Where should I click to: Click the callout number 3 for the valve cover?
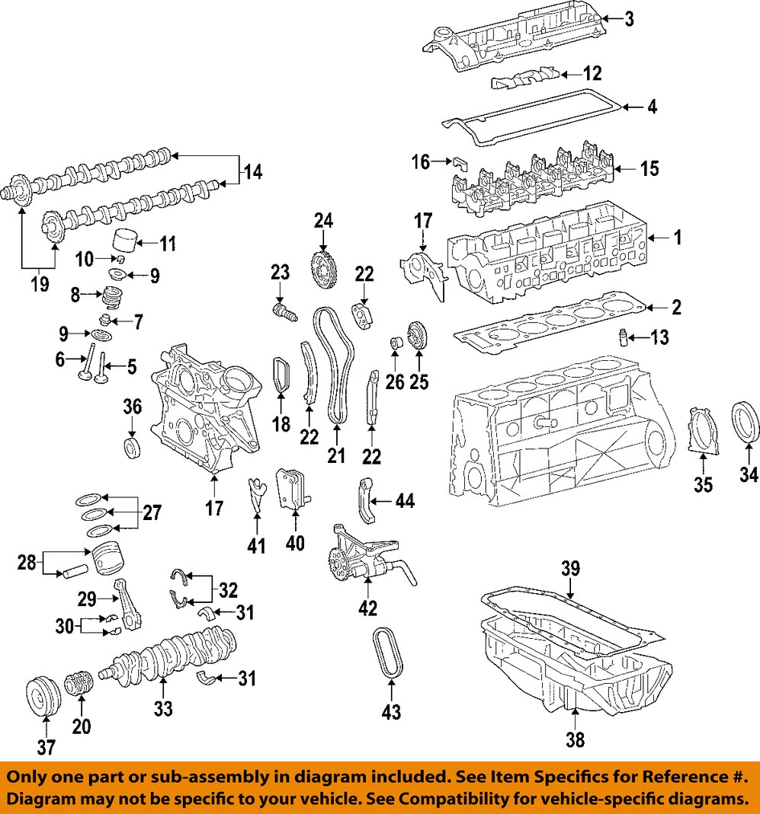628,19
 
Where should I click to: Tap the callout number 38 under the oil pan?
576,739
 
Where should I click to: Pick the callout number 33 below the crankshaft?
162,708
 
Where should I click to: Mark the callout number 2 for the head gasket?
675,308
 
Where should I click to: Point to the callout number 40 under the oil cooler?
295,543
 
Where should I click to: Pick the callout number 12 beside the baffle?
592,73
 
